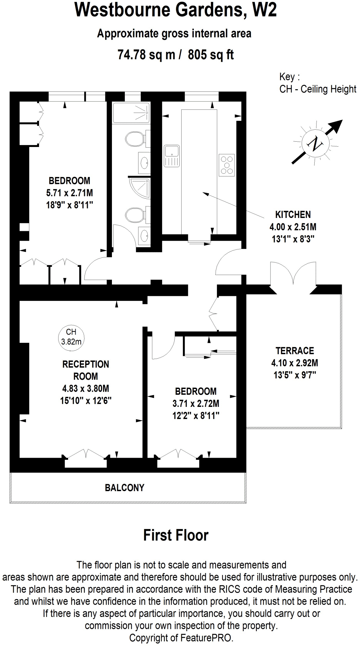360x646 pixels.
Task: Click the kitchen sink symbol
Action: coord(171,156)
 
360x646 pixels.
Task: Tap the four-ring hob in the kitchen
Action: coord(227,165)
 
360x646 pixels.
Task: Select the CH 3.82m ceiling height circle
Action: coord(71,337)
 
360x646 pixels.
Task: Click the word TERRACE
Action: coord(295,351)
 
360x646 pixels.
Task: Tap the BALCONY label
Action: coord(125,488)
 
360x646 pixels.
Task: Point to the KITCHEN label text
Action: coord(293,214)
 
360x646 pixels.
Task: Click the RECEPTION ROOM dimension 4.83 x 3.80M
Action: coord(85,388)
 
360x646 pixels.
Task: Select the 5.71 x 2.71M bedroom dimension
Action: coord(69,193)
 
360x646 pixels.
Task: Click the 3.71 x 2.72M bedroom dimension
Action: coord(196,403)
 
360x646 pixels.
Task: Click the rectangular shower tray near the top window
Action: coord(131,113)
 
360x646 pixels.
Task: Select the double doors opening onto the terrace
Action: coord(293,274)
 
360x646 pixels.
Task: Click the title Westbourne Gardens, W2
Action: coord(176,10)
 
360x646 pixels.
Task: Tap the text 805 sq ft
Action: coord(211,55)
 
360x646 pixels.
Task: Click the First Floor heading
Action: coord(176,535)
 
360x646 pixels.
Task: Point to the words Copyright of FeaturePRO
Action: coord(181,638)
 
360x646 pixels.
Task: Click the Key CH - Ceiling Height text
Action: coord(317,83)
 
